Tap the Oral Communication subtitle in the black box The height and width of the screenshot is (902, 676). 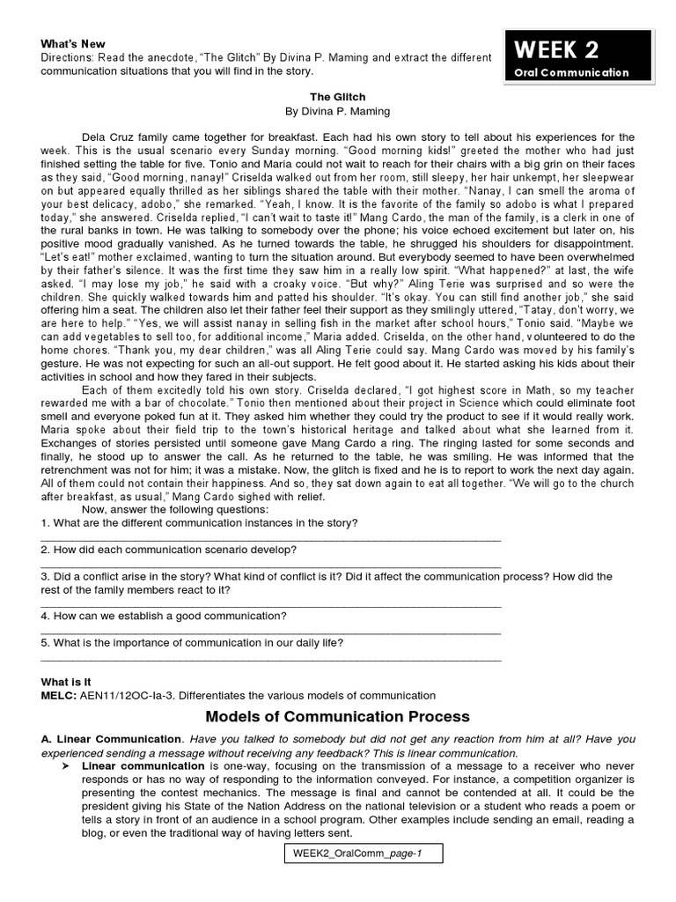pos(572,72)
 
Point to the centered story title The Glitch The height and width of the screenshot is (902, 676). pos(325,97)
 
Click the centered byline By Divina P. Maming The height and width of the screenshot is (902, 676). pos(325,112)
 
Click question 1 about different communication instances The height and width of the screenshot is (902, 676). pos(199,522)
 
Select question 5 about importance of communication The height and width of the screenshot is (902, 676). pos(192,642)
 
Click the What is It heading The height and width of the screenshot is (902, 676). pos(66,682)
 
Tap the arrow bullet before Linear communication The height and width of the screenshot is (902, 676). pos(66,766)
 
